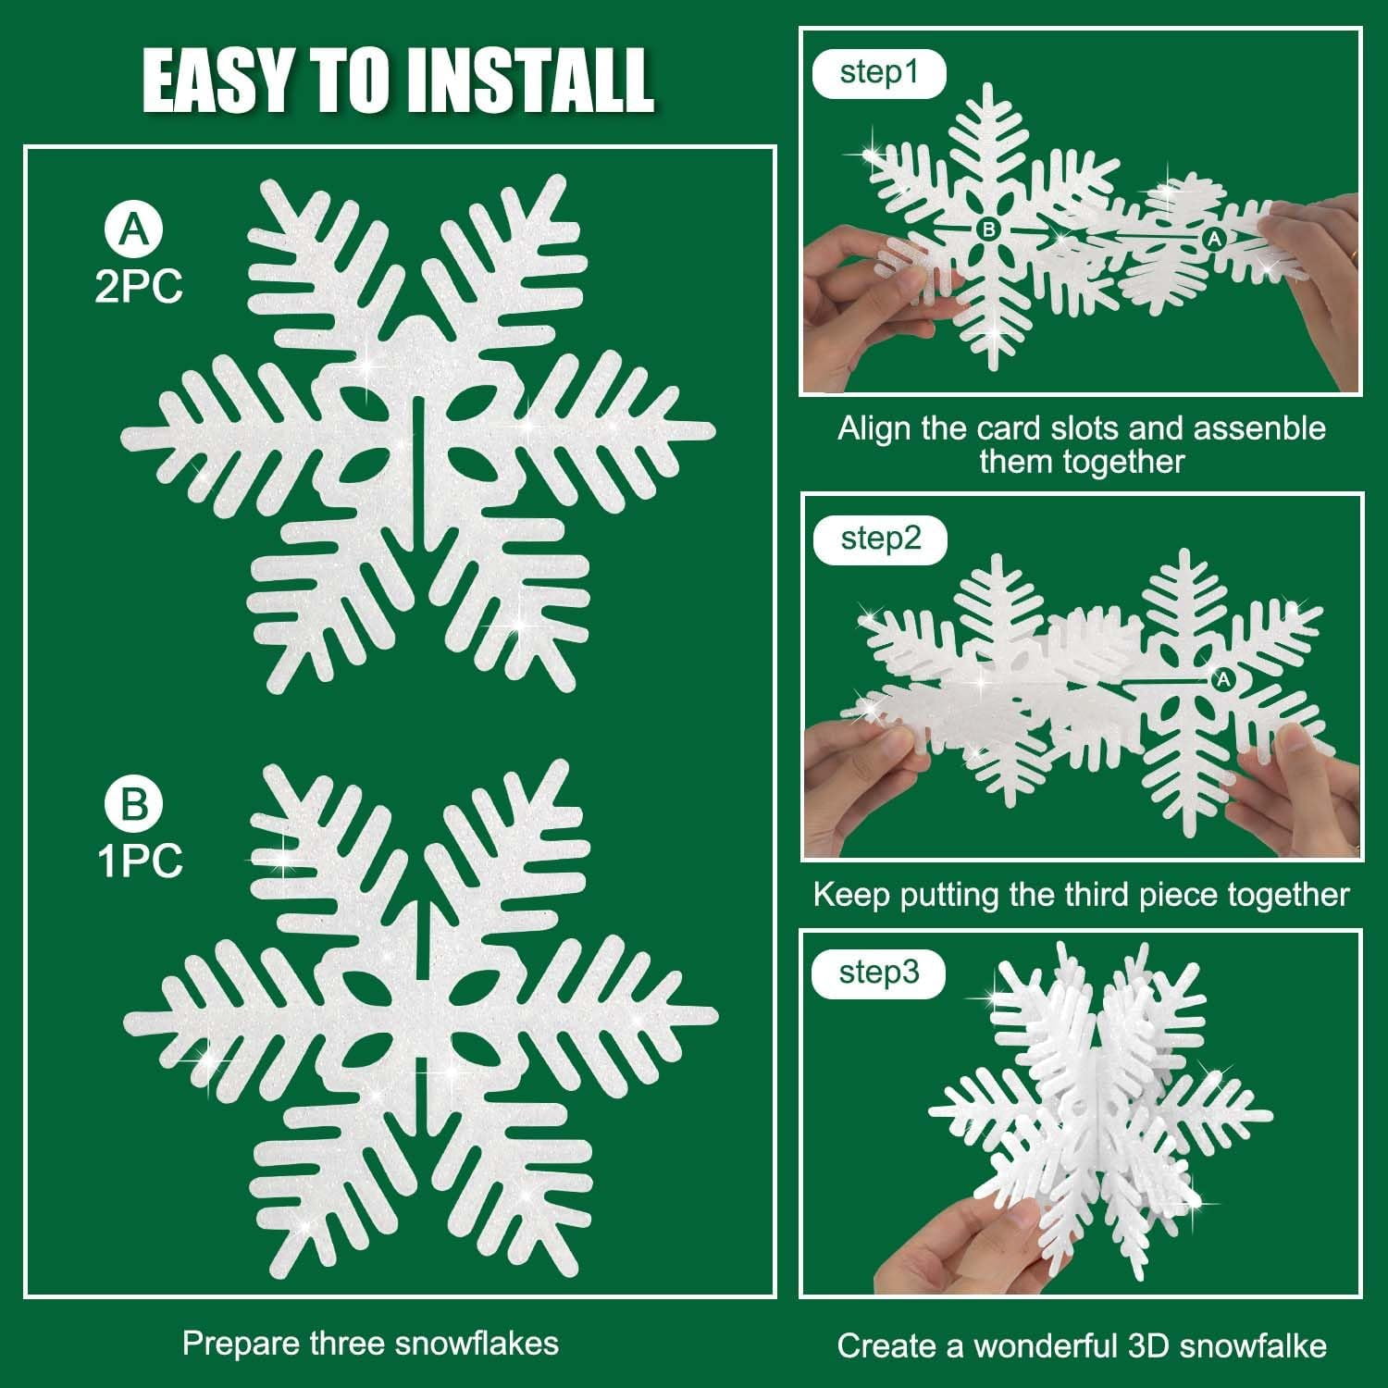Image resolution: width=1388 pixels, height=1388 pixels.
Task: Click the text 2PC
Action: pos(139,287)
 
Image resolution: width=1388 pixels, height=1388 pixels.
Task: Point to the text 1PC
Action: pos(140,861)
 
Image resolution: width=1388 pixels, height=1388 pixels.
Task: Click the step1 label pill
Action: pos(878,73)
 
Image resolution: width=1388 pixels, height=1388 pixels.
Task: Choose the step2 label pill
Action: pos(880,539)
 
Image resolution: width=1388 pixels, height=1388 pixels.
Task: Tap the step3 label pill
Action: pos(878,973)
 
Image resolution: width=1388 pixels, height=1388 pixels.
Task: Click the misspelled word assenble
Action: pos(1259,428)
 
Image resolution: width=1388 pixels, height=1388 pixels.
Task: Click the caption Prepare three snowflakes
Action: pos(370,1343)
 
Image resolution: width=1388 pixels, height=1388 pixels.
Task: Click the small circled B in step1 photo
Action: pos(988,229)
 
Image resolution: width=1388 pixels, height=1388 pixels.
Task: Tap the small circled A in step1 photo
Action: pos(1213,240)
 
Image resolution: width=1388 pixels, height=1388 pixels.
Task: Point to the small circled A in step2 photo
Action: pos(1223,680)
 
